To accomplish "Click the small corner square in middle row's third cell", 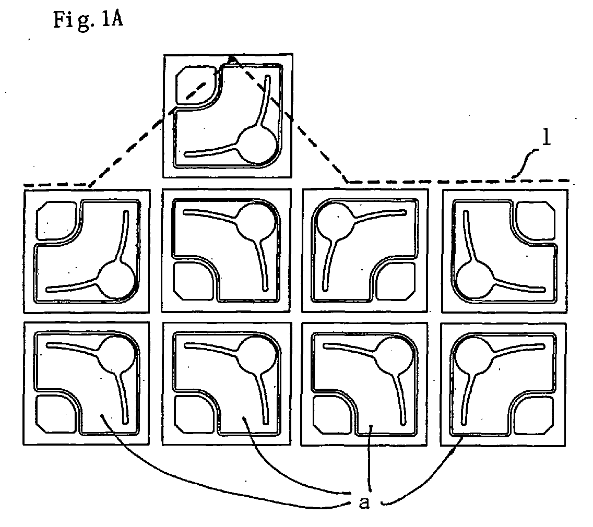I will click(x=396, y=281).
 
